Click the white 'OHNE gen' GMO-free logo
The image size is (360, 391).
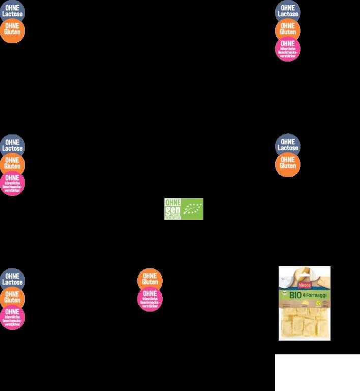pos(173,209)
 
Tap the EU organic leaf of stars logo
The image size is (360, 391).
pos(193,209)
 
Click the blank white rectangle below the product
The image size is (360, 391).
pos(317,372)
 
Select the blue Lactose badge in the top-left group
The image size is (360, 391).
pos(12,12)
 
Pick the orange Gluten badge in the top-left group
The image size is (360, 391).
pos(12,30)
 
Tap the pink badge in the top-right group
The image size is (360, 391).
pos(288,49)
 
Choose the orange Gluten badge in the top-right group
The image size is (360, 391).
pos(288,30)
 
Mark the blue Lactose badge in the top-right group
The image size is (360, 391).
pos(288,12)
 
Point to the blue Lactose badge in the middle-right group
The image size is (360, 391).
pos(288,146)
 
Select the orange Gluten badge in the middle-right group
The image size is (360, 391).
pos(288,164)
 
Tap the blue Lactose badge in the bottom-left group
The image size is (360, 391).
pos(12,280)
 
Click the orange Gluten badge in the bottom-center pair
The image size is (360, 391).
pos(150,280)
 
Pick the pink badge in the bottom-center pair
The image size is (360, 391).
pos(150,299)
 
